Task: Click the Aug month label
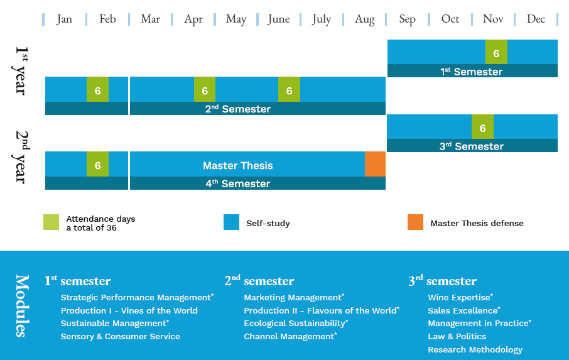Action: pos(364,19)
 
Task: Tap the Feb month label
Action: pos(107,19)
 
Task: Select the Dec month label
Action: pos(536,19)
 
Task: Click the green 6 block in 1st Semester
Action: pos(496,52)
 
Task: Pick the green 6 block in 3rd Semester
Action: pos(482,127)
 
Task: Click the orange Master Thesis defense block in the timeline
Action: pos(375,164)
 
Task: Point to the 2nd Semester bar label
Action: pos(237,109)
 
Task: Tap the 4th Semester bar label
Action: pos(237,183)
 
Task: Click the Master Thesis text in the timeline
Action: pos(237,165)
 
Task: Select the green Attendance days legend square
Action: pos(51,222)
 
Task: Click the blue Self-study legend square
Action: pos(232,222)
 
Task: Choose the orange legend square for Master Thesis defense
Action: pos(416,222)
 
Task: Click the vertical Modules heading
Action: pos(22,305)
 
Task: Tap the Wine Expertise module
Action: pos(460,297)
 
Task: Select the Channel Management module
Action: pos(290,336)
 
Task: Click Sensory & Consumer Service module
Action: pos(120,336)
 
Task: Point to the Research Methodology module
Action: pos(475,349)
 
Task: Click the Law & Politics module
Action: pos(457,336)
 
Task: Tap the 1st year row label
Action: pos(21,71)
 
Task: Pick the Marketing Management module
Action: pos(294,297)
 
